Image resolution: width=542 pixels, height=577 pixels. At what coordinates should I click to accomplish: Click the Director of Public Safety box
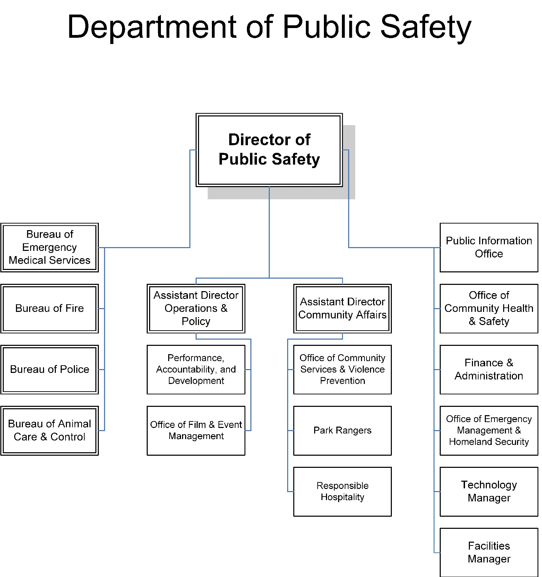pos(269,150)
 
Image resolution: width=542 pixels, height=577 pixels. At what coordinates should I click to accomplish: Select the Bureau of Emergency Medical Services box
pos(50,247)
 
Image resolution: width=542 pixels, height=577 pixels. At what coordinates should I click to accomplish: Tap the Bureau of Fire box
pos(50,308)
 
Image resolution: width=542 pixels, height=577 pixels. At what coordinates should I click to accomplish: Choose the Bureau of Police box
pos(50,369)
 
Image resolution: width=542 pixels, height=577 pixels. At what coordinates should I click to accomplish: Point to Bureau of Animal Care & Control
pos(50,430)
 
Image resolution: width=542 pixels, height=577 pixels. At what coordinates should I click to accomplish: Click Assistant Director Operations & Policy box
pos(196,308)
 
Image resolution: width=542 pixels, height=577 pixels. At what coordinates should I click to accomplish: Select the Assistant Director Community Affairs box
pos(342,308)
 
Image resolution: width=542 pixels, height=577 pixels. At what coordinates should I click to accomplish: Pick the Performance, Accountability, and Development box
pos(196,369)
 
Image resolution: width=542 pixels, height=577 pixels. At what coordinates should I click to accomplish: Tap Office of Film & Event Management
pos(196,430)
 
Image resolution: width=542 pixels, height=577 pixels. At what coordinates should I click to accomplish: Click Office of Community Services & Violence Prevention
pos(342,369)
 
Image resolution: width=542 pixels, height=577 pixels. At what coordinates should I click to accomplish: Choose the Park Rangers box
pos(342,430)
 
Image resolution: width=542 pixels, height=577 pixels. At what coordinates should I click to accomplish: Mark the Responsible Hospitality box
pos(342,491)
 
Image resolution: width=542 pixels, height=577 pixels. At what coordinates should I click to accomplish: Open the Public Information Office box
pos(489,247)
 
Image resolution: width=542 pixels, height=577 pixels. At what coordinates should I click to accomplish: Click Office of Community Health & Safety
pos(489,308)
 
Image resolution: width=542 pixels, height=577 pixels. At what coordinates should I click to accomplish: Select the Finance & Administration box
pos(489,369)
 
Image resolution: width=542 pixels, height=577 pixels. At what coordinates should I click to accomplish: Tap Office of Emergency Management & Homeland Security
pos(489,430)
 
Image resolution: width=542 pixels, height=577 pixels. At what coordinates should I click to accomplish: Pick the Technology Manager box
pos(489,491)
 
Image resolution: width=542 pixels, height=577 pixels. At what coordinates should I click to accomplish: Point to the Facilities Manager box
pos(489,552)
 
